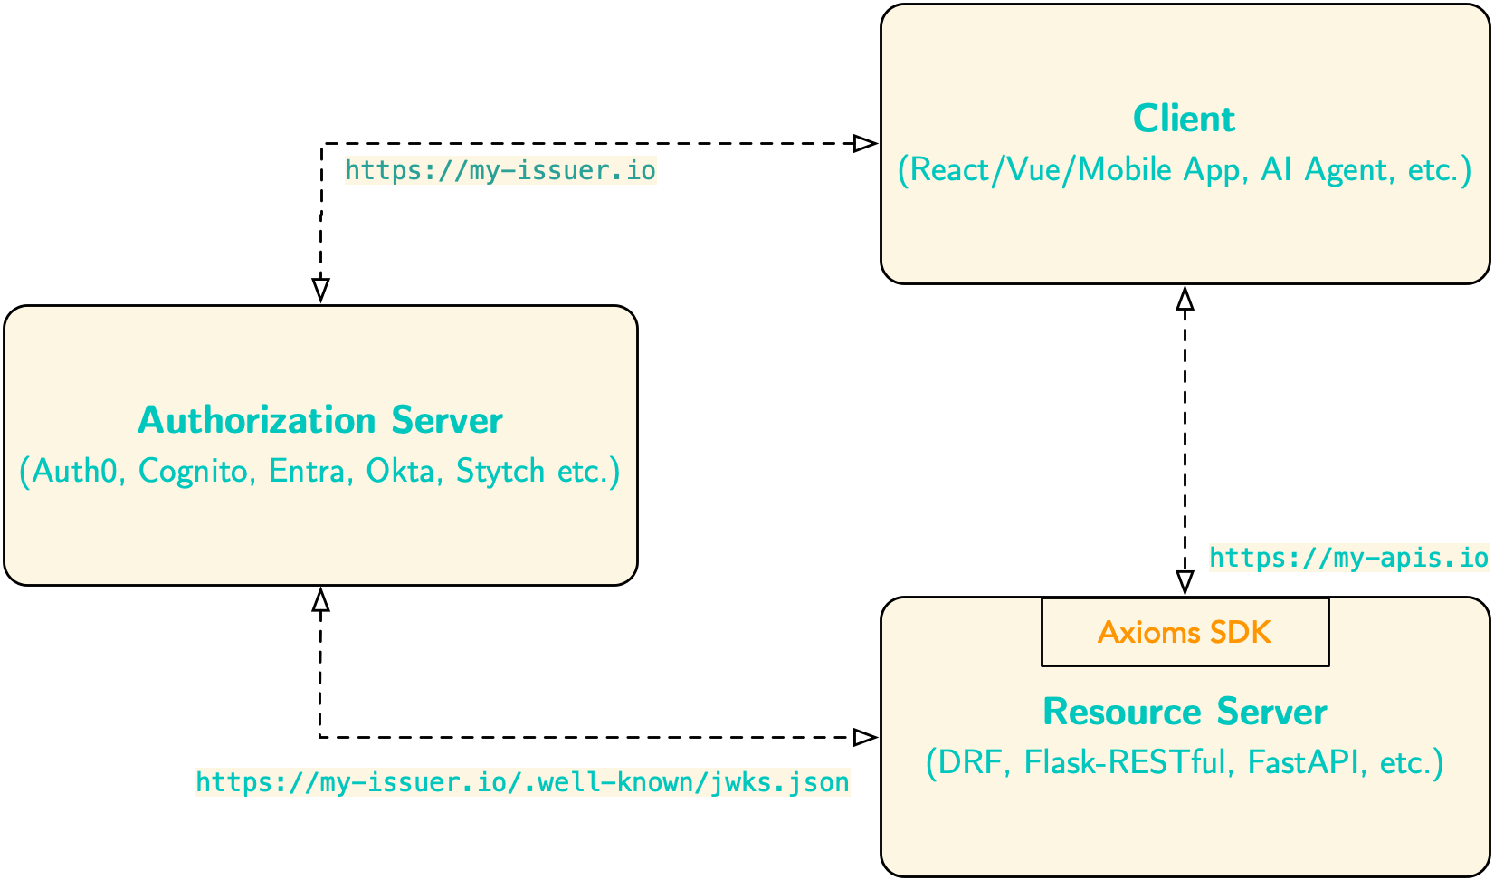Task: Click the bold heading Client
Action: click(1184, 120)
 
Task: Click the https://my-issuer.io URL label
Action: click(500, 170)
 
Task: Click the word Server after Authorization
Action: click(447, 421)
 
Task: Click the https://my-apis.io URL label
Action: click(1348, 558)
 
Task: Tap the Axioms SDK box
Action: click(1185, 632)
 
